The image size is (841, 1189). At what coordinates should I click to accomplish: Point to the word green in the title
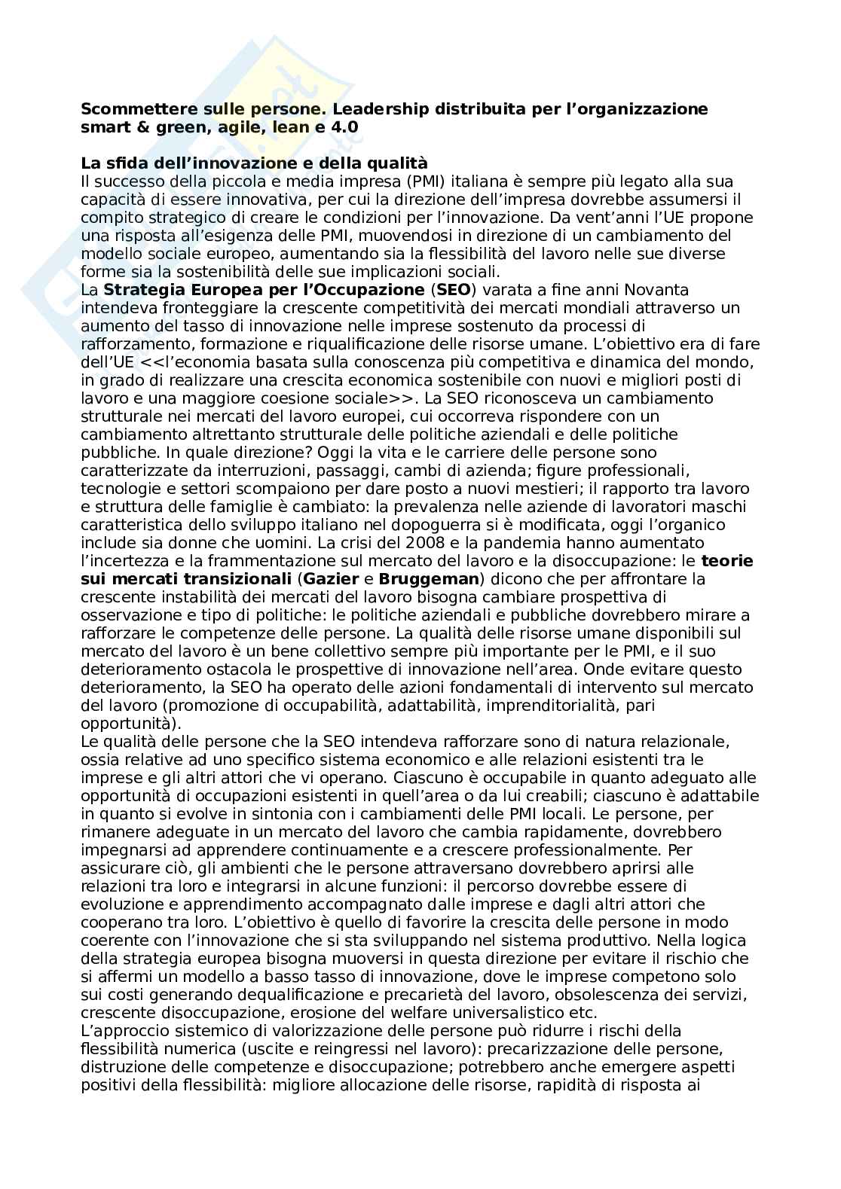(167, 127)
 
